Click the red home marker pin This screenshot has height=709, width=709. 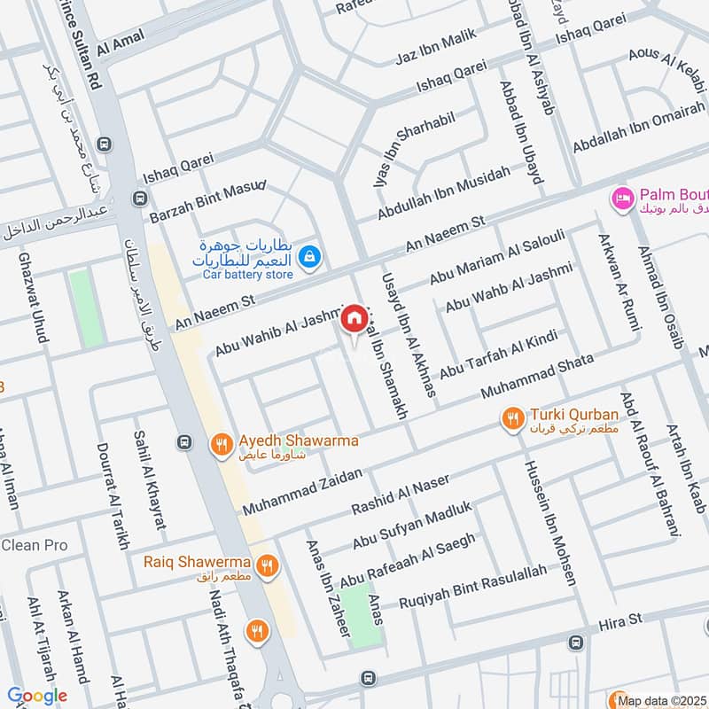click(354, 316)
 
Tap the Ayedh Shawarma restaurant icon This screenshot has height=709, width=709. click(221, 444)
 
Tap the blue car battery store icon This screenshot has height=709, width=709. click(308, 257)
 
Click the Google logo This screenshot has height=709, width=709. click(36, 697)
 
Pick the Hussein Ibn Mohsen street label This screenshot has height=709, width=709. click(550, 523)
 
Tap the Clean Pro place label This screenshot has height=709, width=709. click(34, 544)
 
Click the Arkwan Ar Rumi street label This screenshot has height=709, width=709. click(617, 279)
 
